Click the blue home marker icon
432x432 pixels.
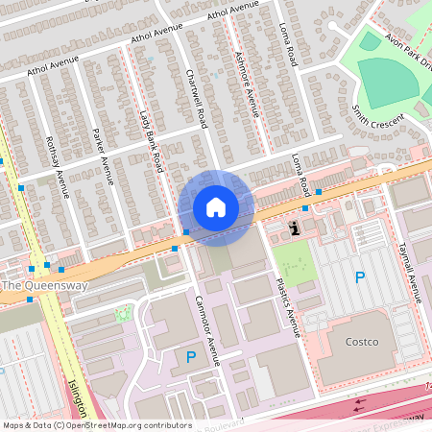(216, 207)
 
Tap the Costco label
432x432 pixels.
(361, 343)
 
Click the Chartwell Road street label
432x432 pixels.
(196, 98)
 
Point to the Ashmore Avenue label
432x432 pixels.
(247, 84)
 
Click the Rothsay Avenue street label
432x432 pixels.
(58, 166)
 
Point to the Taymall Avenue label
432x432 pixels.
(409, 272)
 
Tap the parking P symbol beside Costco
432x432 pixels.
(360, 277)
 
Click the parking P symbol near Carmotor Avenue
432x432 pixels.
(191, 357)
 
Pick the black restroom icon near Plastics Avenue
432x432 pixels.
(294, 228)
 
